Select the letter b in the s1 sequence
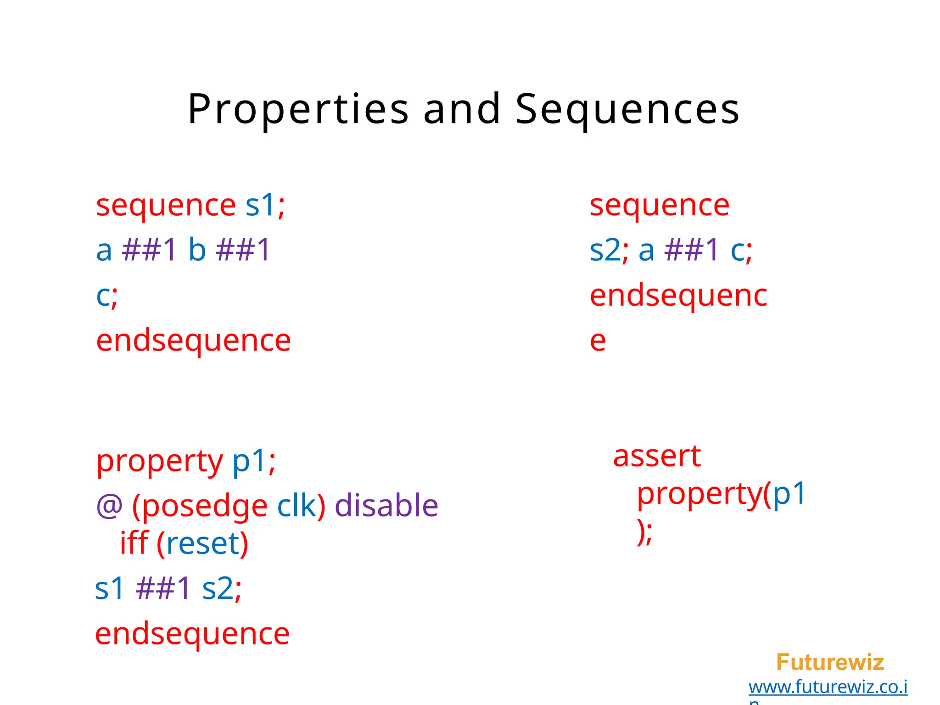tap(197, 250)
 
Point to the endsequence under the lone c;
tap(193, 341)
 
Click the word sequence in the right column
tap(659, 205)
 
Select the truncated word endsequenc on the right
tap(678, 296)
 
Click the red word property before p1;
tap(159, 461)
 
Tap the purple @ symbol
tap(109, 506)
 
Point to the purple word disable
tap(386, 506)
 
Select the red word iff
tap(134, 543)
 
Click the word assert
tap(657, 456)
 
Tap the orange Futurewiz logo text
tap(829, 662)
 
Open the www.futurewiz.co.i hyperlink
tap(828, 687)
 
